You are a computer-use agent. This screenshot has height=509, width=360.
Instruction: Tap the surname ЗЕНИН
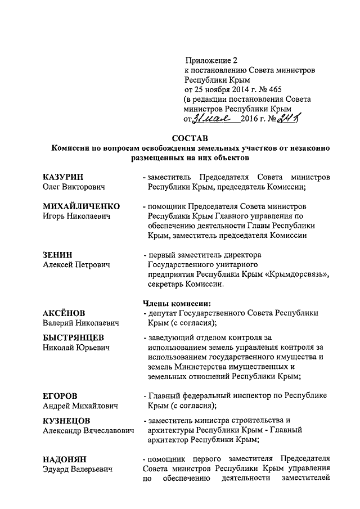(58, 255)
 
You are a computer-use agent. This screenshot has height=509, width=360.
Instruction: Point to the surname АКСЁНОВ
(64, 313)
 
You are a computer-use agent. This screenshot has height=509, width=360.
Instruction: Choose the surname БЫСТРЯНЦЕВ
(76, 337)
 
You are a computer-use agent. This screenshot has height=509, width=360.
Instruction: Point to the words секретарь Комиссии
(183, 284)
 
